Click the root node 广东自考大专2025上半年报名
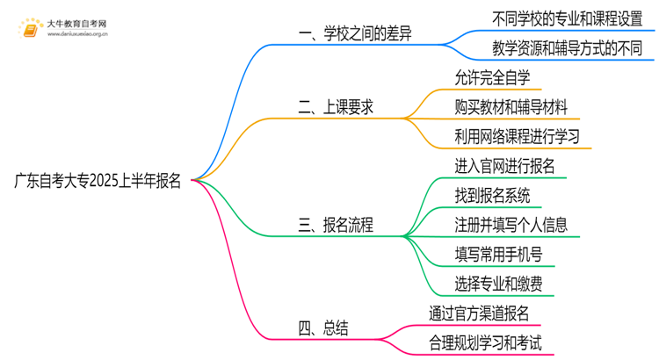(98, 181)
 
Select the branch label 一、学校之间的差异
(356, 34)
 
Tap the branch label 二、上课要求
(337, 107)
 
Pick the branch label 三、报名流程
(337, 226)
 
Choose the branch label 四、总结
(323, 328)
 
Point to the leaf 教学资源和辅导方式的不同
(562, 47)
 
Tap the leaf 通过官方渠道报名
(480, 313)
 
